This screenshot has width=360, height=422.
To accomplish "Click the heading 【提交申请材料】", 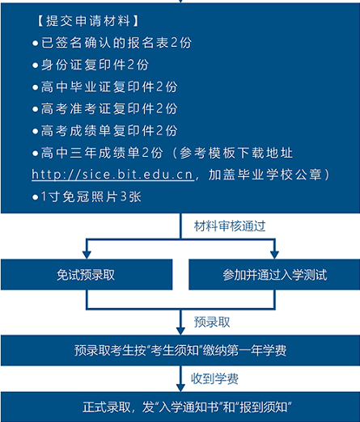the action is click(88, 21).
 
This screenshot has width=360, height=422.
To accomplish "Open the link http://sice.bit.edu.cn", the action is click(112, 175).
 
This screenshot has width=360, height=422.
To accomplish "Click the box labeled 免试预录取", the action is click(87, 275).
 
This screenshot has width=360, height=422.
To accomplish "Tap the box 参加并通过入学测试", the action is click(274, 275).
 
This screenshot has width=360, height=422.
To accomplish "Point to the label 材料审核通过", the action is click(230, 226).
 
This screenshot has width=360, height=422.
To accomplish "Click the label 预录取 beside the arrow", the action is click(212, 322).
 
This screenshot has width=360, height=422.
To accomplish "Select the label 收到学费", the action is click(214, 378).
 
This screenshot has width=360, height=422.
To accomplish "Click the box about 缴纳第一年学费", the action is click(180, 350).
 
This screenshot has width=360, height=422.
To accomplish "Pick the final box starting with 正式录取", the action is click(180, 407).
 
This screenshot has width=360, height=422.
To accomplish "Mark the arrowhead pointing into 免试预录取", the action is click(87, 255).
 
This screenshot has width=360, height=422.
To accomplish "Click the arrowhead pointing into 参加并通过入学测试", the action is click(274, 255).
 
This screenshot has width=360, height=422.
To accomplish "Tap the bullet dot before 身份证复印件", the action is click(36, 65).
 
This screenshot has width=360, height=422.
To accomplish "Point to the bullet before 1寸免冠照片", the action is click(36, 197).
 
